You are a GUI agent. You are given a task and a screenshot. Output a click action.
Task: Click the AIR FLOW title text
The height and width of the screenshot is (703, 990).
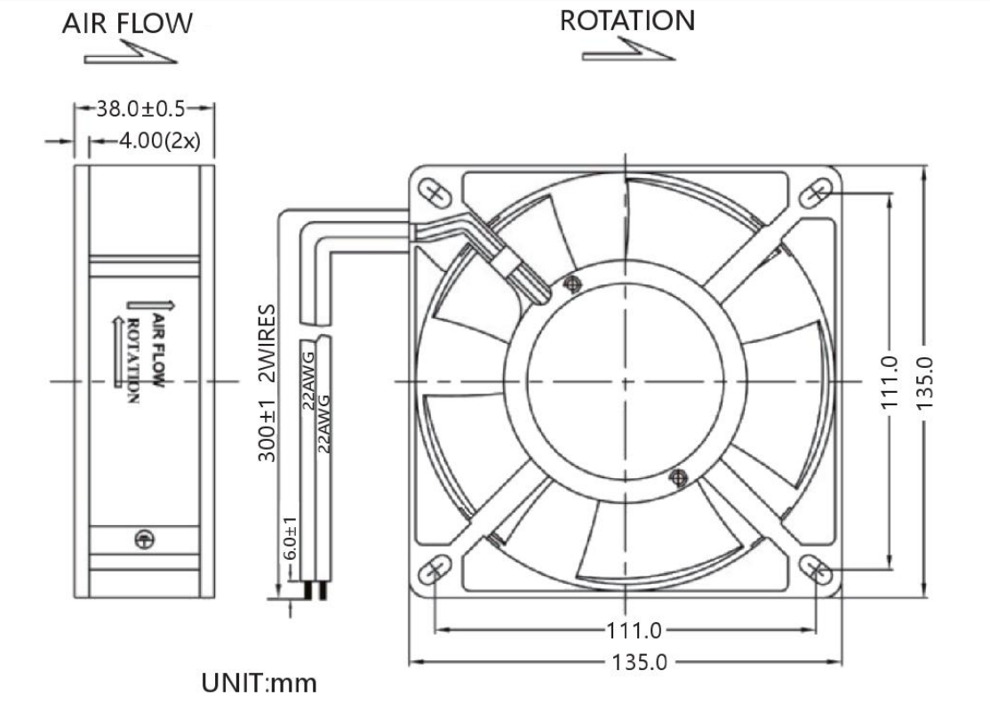click(x=127, y=23)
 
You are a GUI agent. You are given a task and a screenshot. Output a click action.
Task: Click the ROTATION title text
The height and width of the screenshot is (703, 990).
click(x=627, y=20)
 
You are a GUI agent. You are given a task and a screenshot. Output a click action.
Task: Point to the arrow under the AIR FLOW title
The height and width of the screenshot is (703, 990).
click(x=130, y=52)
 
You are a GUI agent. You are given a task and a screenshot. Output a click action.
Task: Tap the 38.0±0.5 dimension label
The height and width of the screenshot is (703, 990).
click(x=140, y=108)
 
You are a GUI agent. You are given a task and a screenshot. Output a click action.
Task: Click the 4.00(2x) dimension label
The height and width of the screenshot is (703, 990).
click(x=160, y=140)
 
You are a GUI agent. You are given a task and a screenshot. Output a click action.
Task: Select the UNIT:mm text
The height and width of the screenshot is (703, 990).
click(x=259, y=683)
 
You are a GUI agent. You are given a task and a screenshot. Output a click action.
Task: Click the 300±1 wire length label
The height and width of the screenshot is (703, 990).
click(x=267, y=431)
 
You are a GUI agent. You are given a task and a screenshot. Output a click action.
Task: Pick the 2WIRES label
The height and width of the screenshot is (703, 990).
click(x=267, y=343)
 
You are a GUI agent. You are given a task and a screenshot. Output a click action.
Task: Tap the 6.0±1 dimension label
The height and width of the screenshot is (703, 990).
click(x=289, y=539)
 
